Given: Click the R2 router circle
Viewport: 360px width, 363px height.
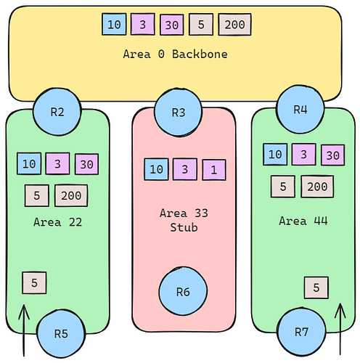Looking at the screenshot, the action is click(x=57, y=112).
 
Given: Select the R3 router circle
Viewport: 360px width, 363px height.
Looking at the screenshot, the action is click(x=178, y=113).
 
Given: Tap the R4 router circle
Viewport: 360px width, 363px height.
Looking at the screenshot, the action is click(x=300, y=109).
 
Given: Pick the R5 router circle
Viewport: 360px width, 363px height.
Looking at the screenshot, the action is click(x=61, y=334).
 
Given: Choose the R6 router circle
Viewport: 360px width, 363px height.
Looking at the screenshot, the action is click(x=183, y=291).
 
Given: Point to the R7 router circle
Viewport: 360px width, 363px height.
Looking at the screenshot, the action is click(x=301, y=332).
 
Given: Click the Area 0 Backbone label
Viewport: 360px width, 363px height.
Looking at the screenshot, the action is click(x=175, y=54).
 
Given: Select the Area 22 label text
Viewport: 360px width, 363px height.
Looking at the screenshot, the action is click(x=58, y=222).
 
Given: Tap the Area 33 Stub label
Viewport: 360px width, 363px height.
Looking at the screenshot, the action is click(x=184, y=220).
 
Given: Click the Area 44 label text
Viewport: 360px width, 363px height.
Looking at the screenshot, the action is click(x=303, y=221).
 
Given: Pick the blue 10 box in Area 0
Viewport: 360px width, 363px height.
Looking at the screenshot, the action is click(x=114, y=24).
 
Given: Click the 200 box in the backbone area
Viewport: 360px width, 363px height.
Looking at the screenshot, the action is click(x=234, y=25).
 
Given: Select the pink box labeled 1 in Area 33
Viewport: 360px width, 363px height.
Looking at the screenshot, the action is click(x=214, y=170).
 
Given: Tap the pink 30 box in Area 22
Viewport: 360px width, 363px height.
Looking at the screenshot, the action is click(x=86, y=164).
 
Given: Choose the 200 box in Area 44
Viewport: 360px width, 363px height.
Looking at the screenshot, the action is click(x=317, y=187).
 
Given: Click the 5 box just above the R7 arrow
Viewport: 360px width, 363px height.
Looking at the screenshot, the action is click(x=316, y=287).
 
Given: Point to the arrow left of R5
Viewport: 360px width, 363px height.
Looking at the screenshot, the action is click(x=24, y=330).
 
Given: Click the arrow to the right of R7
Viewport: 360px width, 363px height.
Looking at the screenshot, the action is click(x=340, y=329).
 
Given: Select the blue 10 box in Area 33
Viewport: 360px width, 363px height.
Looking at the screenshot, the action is click(x=156, y=169).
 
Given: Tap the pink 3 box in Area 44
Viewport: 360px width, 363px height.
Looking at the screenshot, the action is click(x=304, y=155).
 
